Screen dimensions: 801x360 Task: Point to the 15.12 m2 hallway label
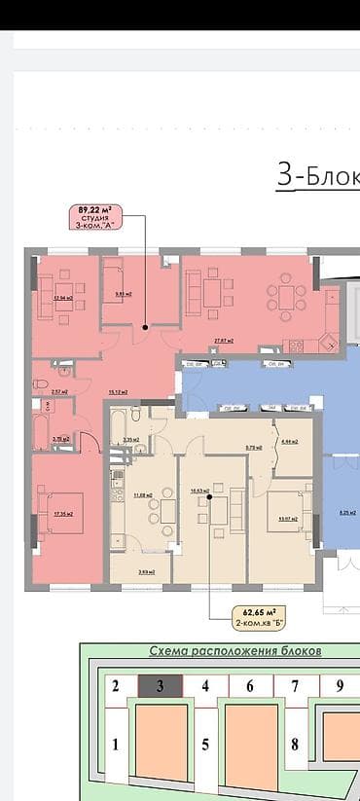click(119, 392)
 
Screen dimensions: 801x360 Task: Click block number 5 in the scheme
click(205, 746)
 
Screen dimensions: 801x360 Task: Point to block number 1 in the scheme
click(116, 746)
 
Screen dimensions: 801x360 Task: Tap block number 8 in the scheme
click(294, 746)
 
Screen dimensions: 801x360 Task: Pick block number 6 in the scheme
click(250, 686)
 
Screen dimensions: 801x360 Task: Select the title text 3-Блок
click(317, 176)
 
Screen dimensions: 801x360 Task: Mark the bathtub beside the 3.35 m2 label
click(119, 427)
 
